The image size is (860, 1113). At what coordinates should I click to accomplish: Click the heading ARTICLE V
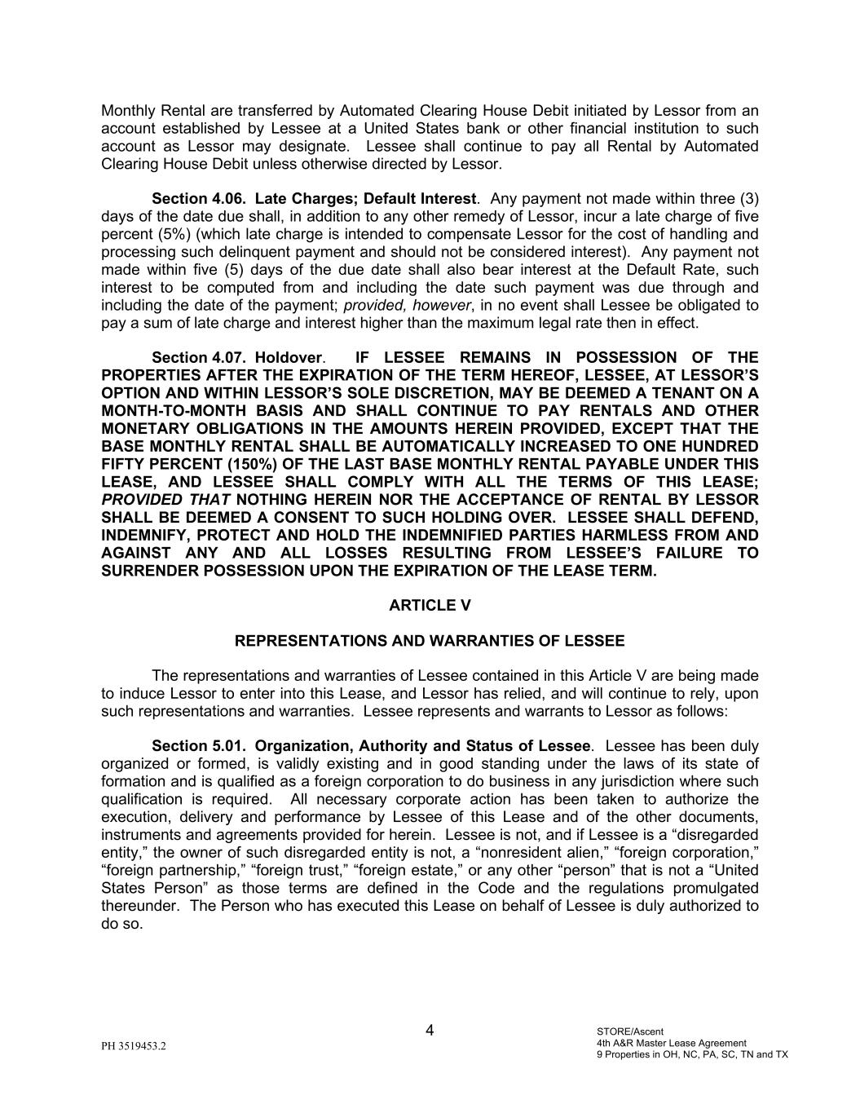pos(430,605)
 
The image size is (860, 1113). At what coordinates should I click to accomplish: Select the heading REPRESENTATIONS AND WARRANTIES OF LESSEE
pos(430,641)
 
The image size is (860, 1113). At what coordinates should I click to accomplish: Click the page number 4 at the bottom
pos(430,1030)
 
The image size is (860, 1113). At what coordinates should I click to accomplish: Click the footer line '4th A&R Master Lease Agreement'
pos(671,1043)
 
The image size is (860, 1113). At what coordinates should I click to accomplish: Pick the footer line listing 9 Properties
pos(692,1054)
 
